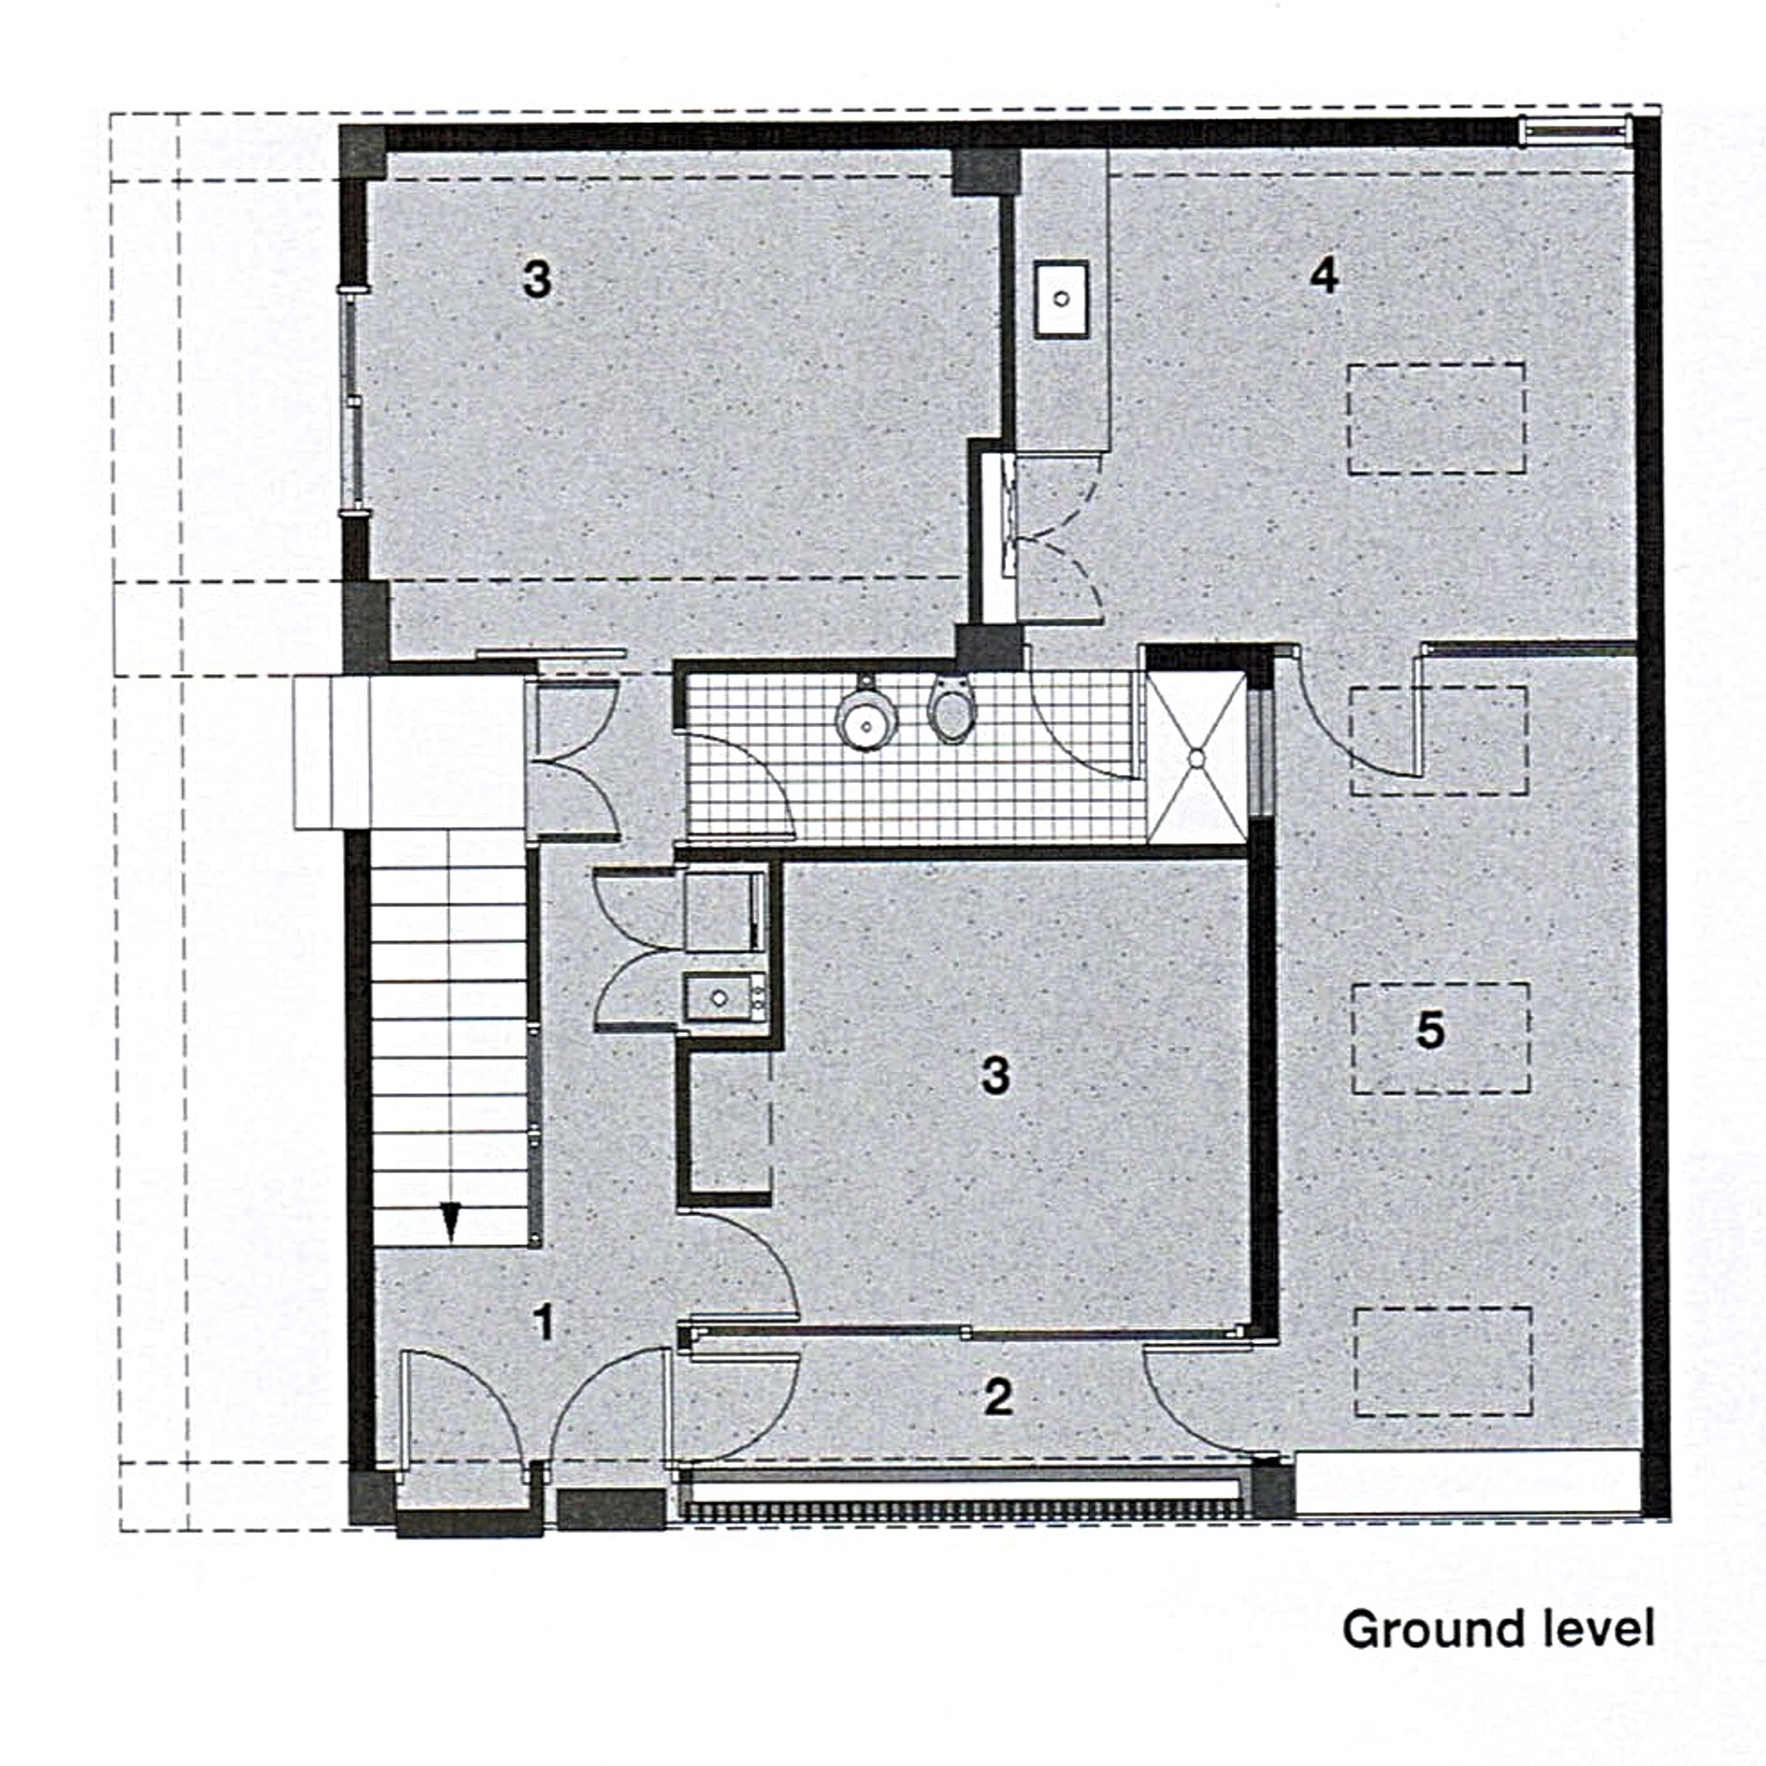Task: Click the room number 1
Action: (x=544, y=1322)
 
